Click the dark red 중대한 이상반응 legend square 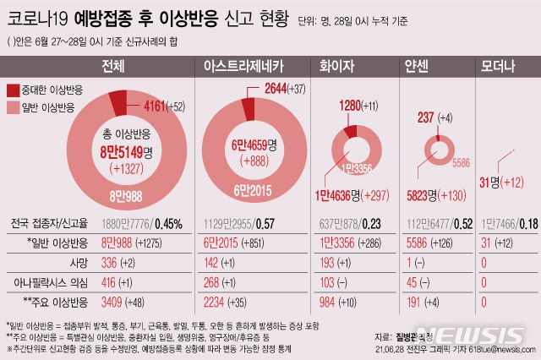pyautogui.click(x=14, y=90)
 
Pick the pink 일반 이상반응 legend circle pyautogui.click(x=14, y=107)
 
